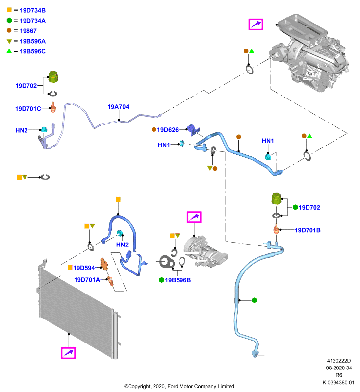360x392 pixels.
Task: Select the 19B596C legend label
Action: (x=32, y=51)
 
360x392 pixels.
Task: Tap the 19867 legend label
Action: (x=28, y=31)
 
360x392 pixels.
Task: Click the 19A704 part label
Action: (x=118, y=107)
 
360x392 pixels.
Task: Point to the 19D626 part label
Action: (x=168, y=130)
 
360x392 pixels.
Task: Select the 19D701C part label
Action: (x=28, y=109)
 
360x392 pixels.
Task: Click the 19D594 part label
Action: (x=84, y=268)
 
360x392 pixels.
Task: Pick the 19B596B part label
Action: (x=178, y=280)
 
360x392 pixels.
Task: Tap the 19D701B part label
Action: (x=308, y=230)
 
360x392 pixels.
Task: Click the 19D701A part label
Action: (x=87, y=280)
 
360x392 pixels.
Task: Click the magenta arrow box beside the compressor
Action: (x=194, y=217)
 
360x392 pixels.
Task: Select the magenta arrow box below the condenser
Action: (x=68, y=353)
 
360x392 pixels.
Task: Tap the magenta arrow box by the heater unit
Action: (x=256, y=24)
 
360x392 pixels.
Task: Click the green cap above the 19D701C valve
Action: (x=53, y=76)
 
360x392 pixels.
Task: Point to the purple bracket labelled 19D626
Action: (x=193, y=130)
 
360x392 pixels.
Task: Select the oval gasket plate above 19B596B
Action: (x=167, y=262)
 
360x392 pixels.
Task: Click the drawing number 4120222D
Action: (x=339, y=361)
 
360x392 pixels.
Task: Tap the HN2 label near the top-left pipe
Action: (x=22, y=130)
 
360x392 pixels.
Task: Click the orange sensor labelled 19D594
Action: (x=104, y=264)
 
